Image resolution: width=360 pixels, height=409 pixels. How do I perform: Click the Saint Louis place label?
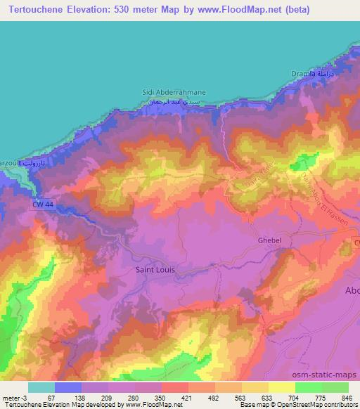[x=154, y=269]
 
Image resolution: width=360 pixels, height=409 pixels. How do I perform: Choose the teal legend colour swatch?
[x=41, y=387]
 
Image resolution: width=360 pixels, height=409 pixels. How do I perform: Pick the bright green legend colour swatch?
[x=309, y=387]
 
